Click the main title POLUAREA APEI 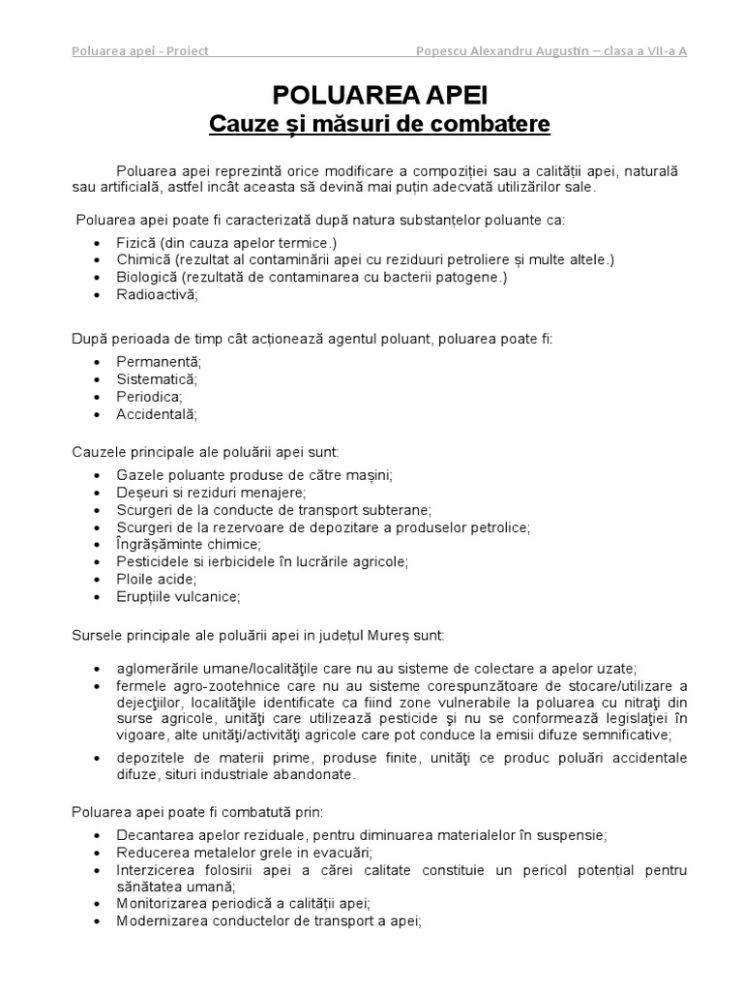[x=379, y=94]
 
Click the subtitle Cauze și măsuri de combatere [x=379, y=125]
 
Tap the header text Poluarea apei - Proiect [x=140, y=51]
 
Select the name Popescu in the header [x=442, y=51]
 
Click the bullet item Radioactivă [x=157, y=295]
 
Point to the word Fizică [x=137, y=243]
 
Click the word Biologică [x=146, y=278]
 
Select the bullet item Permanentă [x=159, y=362]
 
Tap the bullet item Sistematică [x=157, y=379]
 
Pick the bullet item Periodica [x=149, y=397]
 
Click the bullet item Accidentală [x=157, y=414]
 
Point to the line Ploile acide [x=156, y=579]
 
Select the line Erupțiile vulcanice [x=178, y=596]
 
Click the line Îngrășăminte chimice [x=182, y=544]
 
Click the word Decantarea [x=153, y=834]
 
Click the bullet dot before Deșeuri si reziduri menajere [x=98, y=493]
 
